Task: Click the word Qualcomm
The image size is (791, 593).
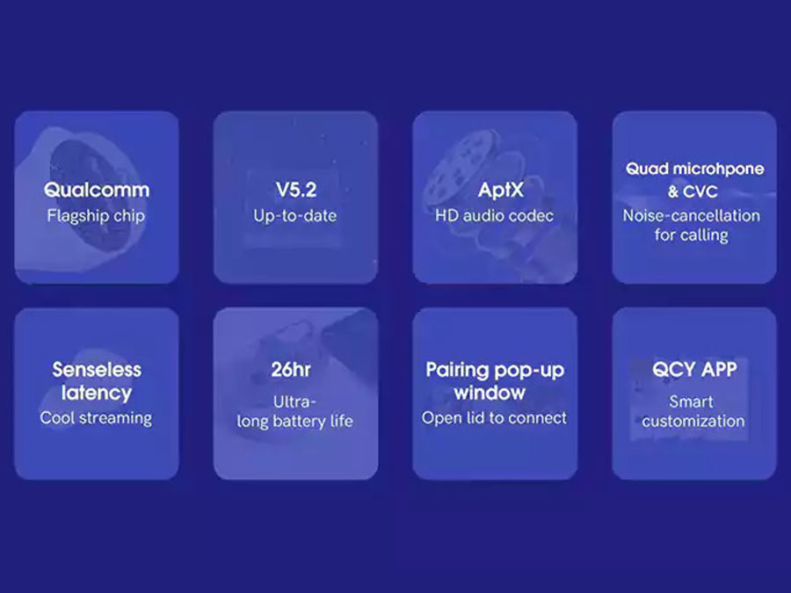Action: [x=97, y=190]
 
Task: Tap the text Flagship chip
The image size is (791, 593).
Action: [x=96, y=216]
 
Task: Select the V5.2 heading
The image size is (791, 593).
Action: [x=296, y=190]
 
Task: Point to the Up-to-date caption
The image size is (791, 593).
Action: [x=295, y=216]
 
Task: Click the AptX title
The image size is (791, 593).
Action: [x=500, y=190]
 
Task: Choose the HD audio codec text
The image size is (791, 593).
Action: [x=494, y=216]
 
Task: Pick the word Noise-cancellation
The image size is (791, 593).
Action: [x=691, y=216]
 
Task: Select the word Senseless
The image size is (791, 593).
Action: [x=97, y=370]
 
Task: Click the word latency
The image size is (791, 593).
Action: [x=97, y=393]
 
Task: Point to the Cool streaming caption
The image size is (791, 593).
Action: [x=96, y=418]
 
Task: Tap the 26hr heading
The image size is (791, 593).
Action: [x=291, y=370]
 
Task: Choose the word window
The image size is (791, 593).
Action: [x=490, y=393]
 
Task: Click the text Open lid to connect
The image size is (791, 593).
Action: [x=494, y=418]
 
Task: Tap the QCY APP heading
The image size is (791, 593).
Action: [x=694, y=370]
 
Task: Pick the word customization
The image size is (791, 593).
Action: [x=693, y=421]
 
